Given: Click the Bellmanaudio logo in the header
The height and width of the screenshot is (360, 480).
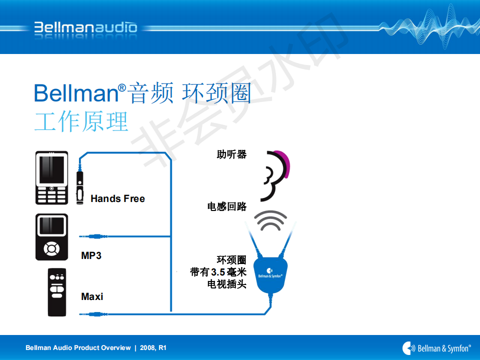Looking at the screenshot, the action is click(x=85, y=27).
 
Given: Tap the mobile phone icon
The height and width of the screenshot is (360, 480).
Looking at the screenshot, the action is click(x=51, y=177).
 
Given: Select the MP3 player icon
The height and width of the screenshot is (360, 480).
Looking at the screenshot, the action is click(x=51, y=237).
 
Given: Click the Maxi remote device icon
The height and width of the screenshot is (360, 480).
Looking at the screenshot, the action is click(x=57, y=292).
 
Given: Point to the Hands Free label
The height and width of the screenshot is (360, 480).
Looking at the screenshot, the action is click(x=118, y=198).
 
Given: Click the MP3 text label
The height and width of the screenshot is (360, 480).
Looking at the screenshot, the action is click(x=91, y=255).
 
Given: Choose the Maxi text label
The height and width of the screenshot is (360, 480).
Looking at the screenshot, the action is click(x=92, y=296).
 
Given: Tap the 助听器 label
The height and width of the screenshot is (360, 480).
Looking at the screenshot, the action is click(x=231, y=154).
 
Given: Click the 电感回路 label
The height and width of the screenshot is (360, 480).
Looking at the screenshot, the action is click(x=227, y=206).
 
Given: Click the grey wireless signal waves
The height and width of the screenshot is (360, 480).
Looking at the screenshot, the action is click(x=270, y=220).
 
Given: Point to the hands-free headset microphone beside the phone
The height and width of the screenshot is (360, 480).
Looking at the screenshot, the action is click(x=79, y=187).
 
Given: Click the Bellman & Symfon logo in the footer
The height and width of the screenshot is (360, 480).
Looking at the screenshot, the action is click(x=436, y=348).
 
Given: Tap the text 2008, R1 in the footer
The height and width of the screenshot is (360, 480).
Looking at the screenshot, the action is click(x=153, y=348).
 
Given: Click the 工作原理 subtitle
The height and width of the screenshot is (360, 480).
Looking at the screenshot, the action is click(x=81, y=121).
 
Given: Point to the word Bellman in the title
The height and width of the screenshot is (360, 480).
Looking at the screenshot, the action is click(x=76, y=93).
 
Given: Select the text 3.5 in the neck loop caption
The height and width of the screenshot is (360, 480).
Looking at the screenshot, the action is click(x=218, y=272).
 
